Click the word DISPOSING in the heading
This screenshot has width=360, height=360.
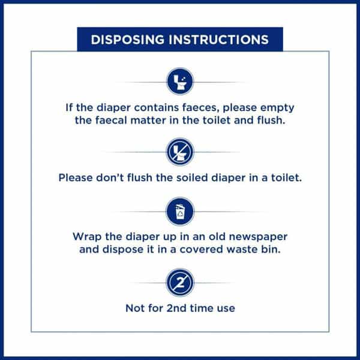(x=128, y=40)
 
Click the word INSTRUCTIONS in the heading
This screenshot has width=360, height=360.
(x=218, y=40)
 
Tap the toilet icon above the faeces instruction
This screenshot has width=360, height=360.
(x=180, y=82)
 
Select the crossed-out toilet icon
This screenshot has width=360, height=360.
(x=180, y=152)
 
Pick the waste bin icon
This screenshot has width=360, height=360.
(x=180, y=211)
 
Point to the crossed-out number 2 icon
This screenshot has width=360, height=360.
(x=180, y=283)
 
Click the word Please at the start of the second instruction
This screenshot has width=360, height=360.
(x=76, y=178)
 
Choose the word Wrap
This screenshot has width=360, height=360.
(x=87, y=237)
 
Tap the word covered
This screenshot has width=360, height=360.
(x=202, y=250)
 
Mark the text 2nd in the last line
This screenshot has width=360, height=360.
(x=176, y=308)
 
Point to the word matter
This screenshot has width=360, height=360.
(x=148, y=121)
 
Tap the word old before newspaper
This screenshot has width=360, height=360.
(x=217, y=237)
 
